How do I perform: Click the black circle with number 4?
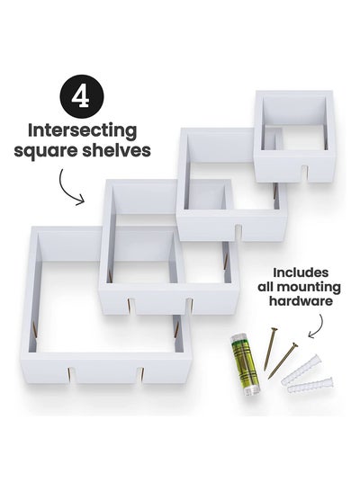pos(82,96)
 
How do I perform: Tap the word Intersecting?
pos(82,130)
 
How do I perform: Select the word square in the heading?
pos(45,152)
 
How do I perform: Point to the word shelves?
pos(116,149)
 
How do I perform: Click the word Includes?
pos(301,272)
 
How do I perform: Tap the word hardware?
pos(301,301)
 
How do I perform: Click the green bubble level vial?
pos(245,364)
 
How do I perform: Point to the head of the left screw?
pos(274,329)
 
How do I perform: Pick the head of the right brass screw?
pos(294,344)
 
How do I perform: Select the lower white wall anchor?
pos(310,386)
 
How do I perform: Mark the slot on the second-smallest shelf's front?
pos(238,233)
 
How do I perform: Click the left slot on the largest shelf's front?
pos(72,375)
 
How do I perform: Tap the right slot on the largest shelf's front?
pos(141,375)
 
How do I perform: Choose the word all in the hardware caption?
pos(265,287)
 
